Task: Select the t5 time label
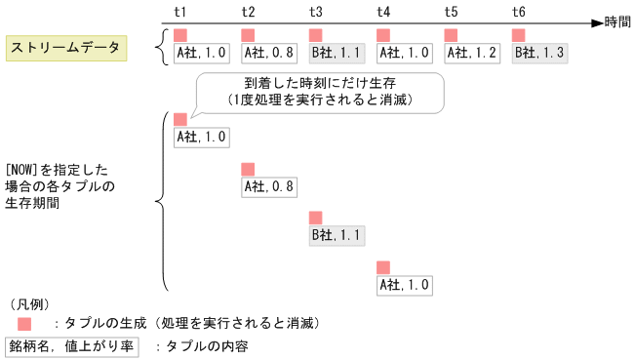[451, 12]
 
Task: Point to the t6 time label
[518, 12]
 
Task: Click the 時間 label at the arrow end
[617, 21]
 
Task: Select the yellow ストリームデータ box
[65, 47]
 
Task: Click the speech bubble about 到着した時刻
[319, 92]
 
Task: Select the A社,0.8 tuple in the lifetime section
[269, 186]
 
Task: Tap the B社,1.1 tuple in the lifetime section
[337, 235]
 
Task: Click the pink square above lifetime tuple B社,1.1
[316, 218]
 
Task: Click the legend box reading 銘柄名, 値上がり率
[74, 346]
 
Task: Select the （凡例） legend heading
[27, 304]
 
